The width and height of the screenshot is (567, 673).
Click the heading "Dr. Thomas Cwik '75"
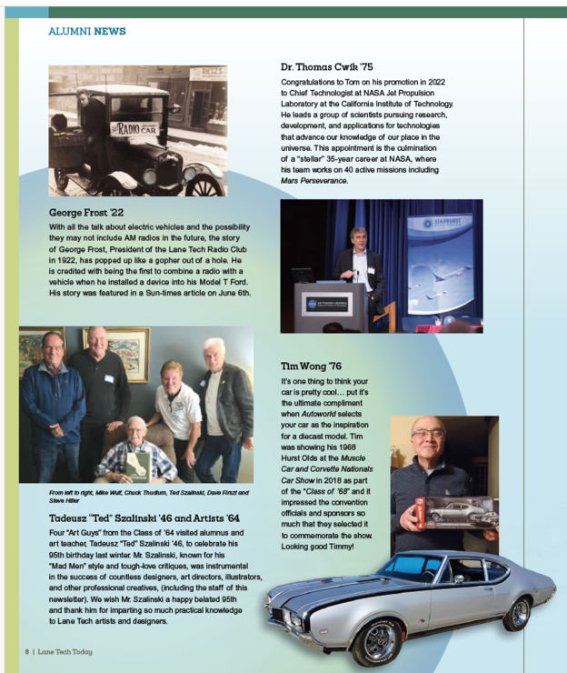pyautogui.click(x=327, y=67)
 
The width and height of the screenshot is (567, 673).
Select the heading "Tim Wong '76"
pyautogui.click(x=311, y=366)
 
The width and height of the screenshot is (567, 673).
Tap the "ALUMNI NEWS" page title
pyautogui.click(x=87, y=32)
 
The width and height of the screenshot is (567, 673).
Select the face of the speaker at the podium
pyautogui.click(x=358, y=239)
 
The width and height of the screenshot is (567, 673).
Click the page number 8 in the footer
pyautogui.click(x=27, y=651)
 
